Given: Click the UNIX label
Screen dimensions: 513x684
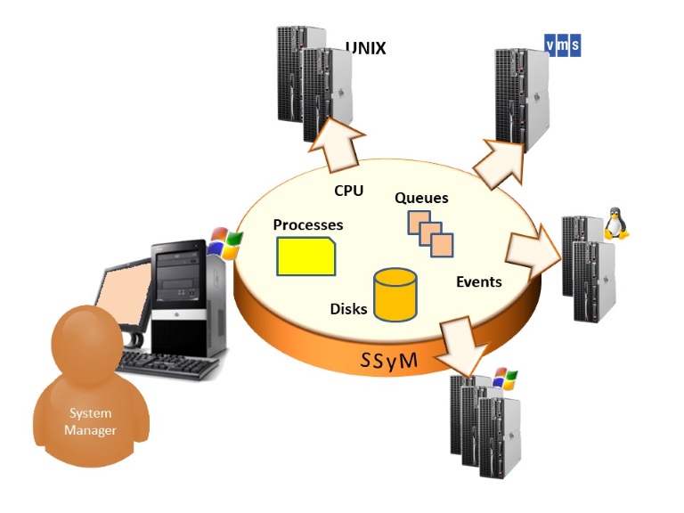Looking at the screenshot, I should point(365,48).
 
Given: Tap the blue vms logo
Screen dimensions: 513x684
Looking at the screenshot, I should point(562,45).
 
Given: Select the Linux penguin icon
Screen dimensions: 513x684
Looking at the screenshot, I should point(615,224).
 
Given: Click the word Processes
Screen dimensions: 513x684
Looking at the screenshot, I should point(308,225).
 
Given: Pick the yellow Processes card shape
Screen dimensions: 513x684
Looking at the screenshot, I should point(305,256).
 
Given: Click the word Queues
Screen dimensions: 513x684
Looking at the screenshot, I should point(421,198).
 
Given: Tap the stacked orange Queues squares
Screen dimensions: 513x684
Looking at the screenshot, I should point(430,233).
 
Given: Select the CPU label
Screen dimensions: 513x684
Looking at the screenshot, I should point(348,190).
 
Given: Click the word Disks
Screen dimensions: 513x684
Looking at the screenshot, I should point(348,309).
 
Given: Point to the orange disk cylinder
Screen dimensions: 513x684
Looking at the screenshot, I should point(395,294).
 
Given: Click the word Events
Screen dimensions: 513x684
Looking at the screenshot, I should point(478,282).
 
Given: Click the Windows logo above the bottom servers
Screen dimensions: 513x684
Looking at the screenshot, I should point(505,379).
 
